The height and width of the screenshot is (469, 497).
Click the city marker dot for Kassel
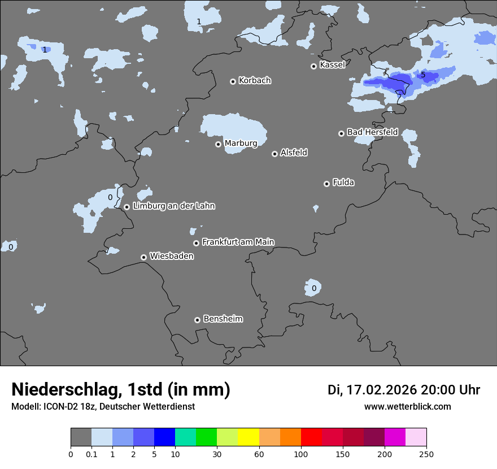click(x=313, y=66)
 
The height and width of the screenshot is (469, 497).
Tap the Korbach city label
click(x=255, y=81)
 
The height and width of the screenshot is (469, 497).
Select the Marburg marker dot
click(x=218, y=144)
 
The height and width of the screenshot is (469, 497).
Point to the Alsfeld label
click(x=294, y=153)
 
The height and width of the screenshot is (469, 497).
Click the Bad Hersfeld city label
click(x=372, y=132)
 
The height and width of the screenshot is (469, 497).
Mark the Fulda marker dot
click(x=326, y=184)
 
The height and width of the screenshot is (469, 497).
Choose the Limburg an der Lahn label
click(x=174, y=206)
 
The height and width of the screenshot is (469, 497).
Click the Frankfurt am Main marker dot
click(x=196, y=243)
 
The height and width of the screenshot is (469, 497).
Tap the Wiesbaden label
click(x=172, y=257)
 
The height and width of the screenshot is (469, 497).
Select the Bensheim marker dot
click(x=197, y=320)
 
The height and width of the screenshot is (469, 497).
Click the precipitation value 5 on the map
click(x=423, y=75)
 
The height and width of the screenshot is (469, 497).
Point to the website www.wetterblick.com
click(x=407, y=407)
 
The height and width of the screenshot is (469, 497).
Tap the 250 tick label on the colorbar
click(x=426, y=454)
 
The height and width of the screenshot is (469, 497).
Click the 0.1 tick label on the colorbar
click(x=91, y=454)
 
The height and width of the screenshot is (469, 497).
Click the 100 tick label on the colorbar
click(x=301, y=454)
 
